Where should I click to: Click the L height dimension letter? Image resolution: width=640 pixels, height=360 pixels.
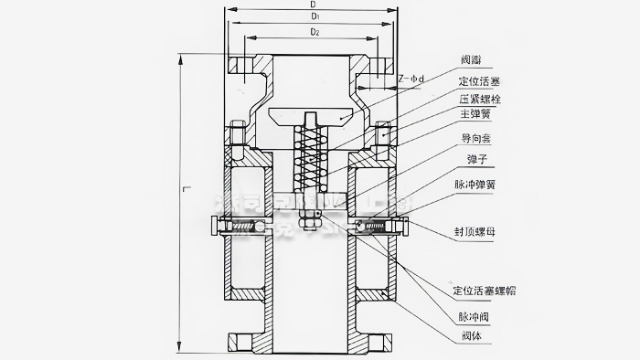pos(186,189)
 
